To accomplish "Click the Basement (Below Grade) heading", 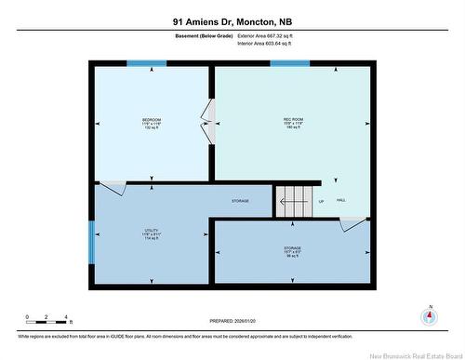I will (x=203, y=35).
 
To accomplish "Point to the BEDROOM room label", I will (x=151, y=120).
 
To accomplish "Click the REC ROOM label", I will (x=294, y=120).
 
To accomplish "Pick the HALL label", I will (x=341, y=201).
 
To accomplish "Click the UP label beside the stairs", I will (x=321, y=201).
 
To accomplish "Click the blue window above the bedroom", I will (x=147, y=63).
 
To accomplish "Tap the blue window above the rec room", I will (x=289, y=63).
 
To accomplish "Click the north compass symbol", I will (x=429, y=316).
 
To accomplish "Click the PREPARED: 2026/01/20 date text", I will (x=232, y=322).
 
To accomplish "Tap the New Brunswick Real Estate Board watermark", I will (x=408, y=353).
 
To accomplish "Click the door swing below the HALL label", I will (x=352, y=224).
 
